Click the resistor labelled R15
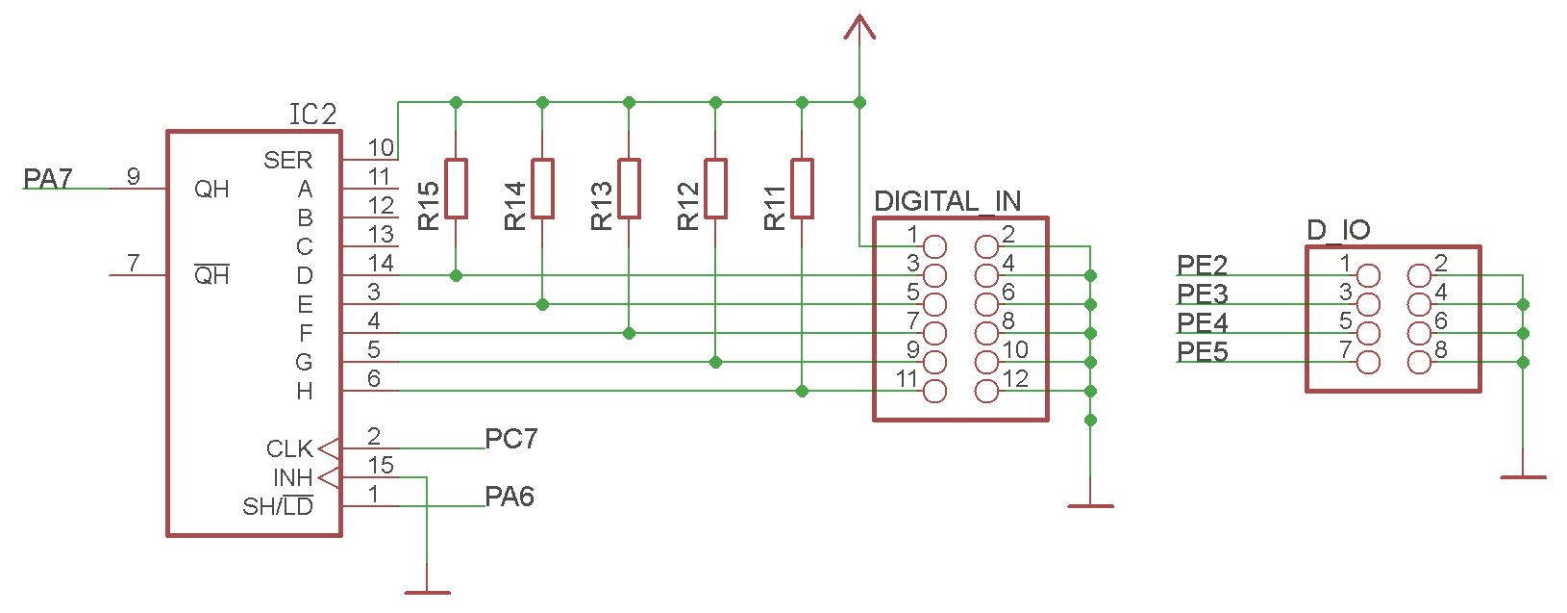(x=456, y=189)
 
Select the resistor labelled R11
(x=802, y=189)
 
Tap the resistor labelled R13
(x=629, y=189)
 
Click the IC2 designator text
(x=313, y=115)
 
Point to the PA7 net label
(x=48, y=179)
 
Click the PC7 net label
(x=510, y=439)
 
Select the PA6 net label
(x=510, y=497)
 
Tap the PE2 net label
(x=1202, y=266)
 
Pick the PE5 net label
(x=1202, y=352)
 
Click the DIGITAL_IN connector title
(x=947, y=201)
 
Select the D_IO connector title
(x=1338, y=230)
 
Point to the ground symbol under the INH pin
(x=427, y=592)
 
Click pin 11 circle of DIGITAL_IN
(x=934, y=391)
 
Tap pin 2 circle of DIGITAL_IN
(x=986, y=246)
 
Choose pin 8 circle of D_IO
(x=1419, y=362)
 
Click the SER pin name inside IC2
(x=287, y=161)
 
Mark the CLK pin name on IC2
(x=289, y=449)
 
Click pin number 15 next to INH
(x=381, y=466)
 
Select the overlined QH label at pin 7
(x=211, y=275)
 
